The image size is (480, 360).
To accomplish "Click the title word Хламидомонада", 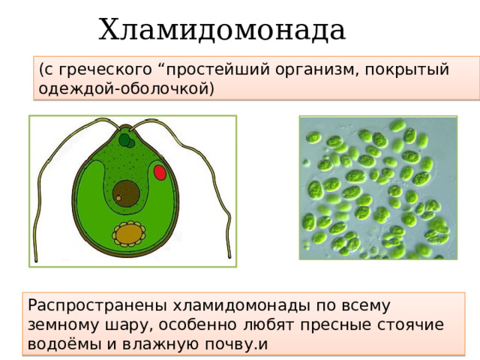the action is (x=222, y=30).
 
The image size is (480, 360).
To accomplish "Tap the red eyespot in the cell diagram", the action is (x=160, y=172).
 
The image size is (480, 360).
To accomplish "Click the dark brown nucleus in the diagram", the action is (x=126, y=193).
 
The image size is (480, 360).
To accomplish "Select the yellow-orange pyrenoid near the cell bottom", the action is (x=129, y=234).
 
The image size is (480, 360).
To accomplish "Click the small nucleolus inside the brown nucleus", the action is (x=118, y=198).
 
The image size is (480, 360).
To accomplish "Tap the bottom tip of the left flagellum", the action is (x=36, y=261).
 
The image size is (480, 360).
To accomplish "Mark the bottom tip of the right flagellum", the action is (x=229, y=256).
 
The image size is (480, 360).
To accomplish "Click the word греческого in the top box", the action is (x=105, y=70).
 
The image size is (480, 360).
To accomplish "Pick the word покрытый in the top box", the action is (x=406, y=70).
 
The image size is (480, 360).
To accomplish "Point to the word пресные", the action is (x=335, y=325).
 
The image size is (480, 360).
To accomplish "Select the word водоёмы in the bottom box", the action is (x=64, y=343).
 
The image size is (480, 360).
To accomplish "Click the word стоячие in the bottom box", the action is (x=410, y=325).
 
